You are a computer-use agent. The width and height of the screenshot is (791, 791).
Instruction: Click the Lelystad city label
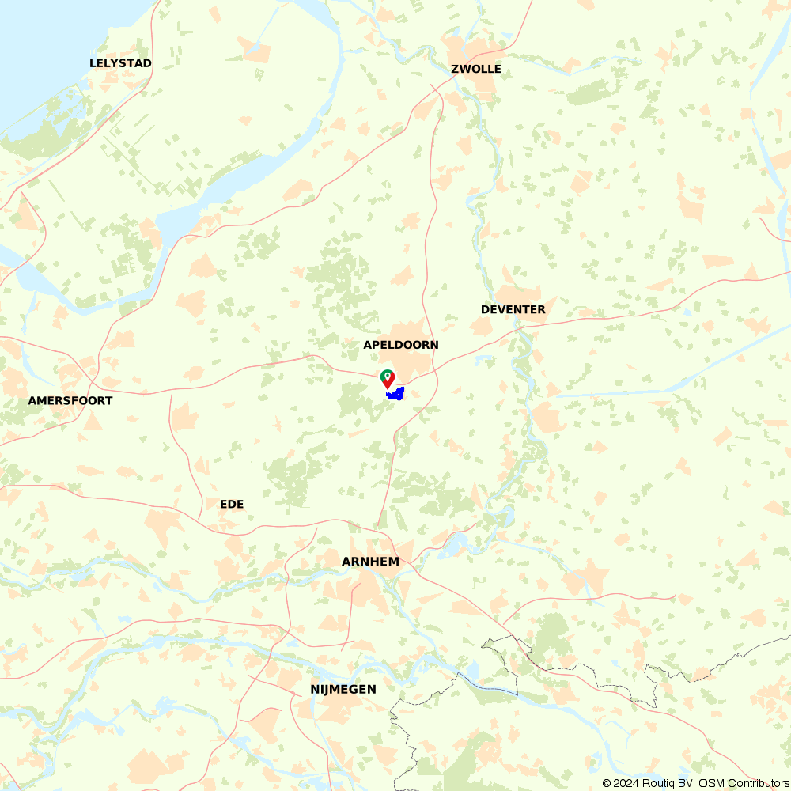click(x=120, y=63)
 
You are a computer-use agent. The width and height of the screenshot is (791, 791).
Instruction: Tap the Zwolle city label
click(x=476, y=69)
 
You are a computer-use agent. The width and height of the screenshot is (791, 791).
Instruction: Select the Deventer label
click(x=513, y=309)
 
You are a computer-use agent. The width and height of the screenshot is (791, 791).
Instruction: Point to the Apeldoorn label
click(x=401, y=345)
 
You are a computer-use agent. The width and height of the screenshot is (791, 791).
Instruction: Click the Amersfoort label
click(x=70, y=400)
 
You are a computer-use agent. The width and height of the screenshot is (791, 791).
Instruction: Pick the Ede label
click(x=232, y=504)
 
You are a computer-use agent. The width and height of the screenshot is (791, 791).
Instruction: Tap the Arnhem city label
click(x=370, y=562)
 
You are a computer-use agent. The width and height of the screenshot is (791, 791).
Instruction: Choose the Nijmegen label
click(x=343, y=690)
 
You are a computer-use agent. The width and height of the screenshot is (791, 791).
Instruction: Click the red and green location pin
click(x=387, y=379)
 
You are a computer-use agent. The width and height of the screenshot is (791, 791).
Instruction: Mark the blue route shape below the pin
click(x=395, y=393)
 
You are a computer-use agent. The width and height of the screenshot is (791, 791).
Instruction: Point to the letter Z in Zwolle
click(x=455, y=69)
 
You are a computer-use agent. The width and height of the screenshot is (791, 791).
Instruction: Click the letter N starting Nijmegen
click(x=315, y=690)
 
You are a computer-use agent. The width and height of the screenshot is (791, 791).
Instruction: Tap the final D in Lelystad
click(x=147, y=63)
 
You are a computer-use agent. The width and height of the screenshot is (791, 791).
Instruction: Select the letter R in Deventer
click(x=541, y=309)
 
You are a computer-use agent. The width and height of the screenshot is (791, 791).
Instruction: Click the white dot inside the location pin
click(x=387, y=375)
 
